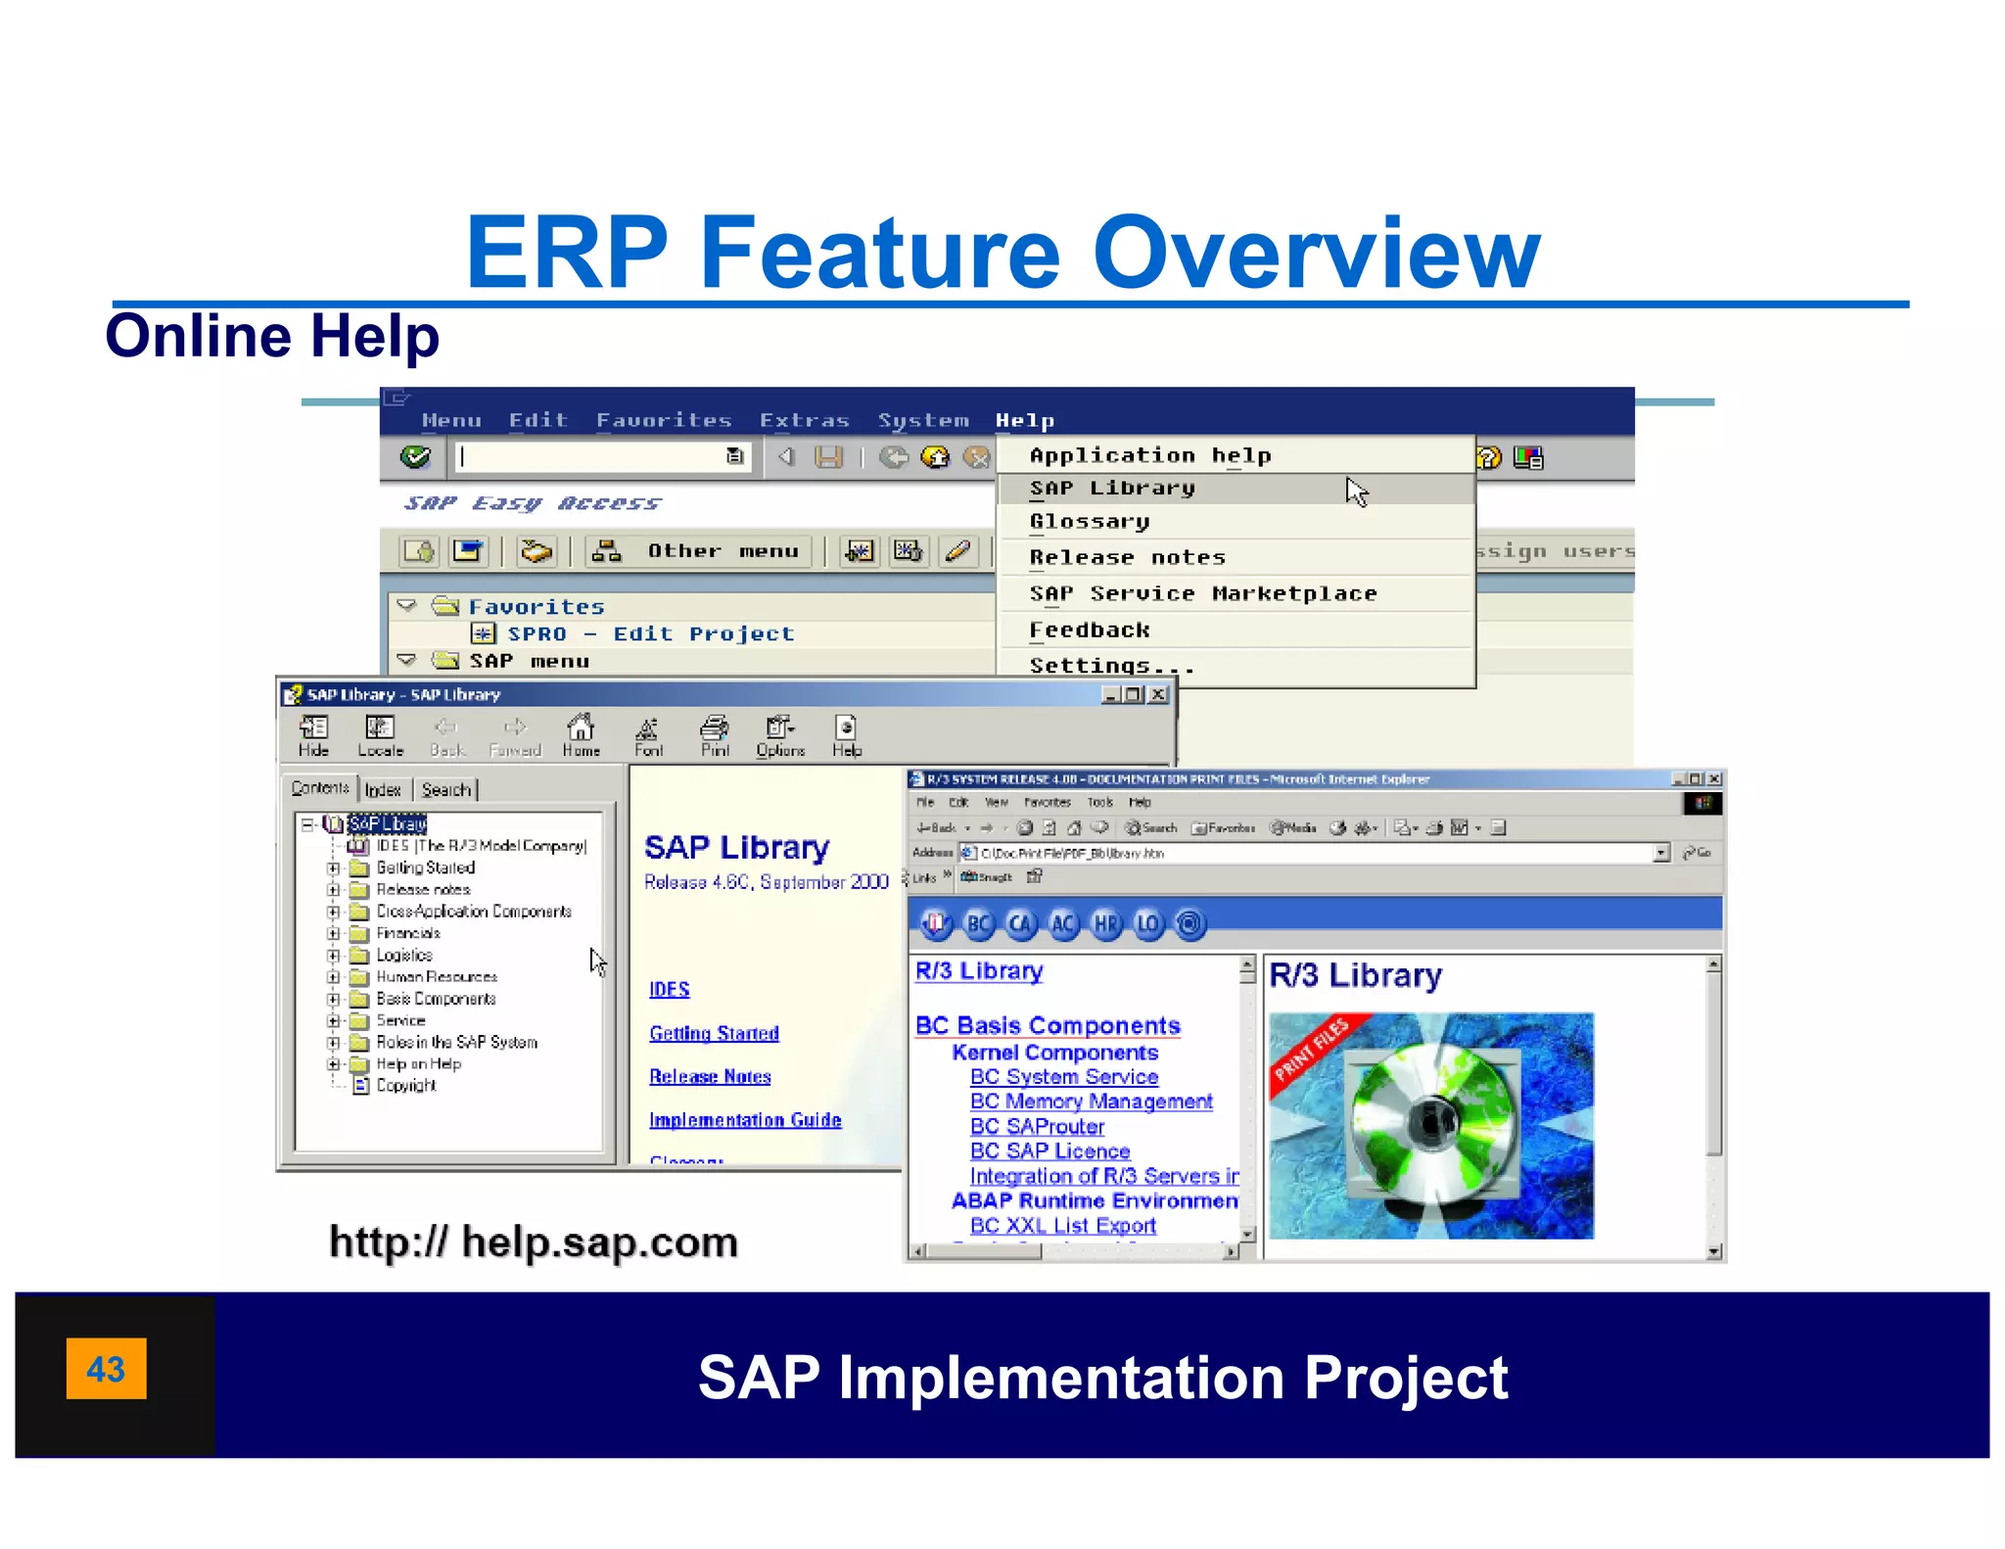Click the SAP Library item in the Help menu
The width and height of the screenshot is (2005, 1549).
coord(1112,488)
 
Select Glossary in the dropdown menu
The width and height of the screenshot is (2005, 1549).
coord(1089,522)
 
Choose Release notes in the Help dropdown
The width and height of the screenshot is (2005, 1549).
coord(1127,557)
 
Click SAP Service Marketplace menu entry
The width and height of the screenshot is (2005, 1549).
coord(1202,593)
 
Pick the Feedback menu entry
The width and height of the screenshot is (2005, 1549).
coord(1089,630)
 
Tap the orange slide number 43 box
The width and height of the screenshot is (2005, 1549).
coord(106,1368)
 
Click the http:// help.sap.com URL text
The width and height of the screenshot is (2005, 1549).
coord(533,1242)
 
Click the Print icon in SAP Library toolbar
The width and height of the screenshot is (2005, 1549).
coord(715,734)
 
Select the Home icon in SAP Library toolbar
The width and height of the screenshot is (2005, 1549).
coord(581,734)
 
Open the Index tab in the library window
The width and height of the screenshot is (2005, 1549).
coord(383,789)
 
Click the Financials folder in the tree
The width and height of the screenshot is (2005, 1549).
coord(407,933)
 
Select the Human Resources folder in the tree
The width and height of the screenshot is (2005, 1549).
coord(436,976)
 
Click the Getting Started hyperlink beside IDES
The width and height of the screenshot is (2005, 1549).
coord(714,1033)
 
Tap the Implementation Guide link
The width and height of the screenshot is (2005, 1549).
coord(745,1119)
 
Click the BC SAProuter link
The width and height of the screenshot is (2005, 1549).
coord(1036,1126)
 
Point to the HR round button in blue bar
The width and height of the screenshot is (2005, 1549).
coord(1105,923)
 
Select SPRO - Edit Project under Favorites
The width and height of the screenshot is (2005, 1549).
coord(649,634)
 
